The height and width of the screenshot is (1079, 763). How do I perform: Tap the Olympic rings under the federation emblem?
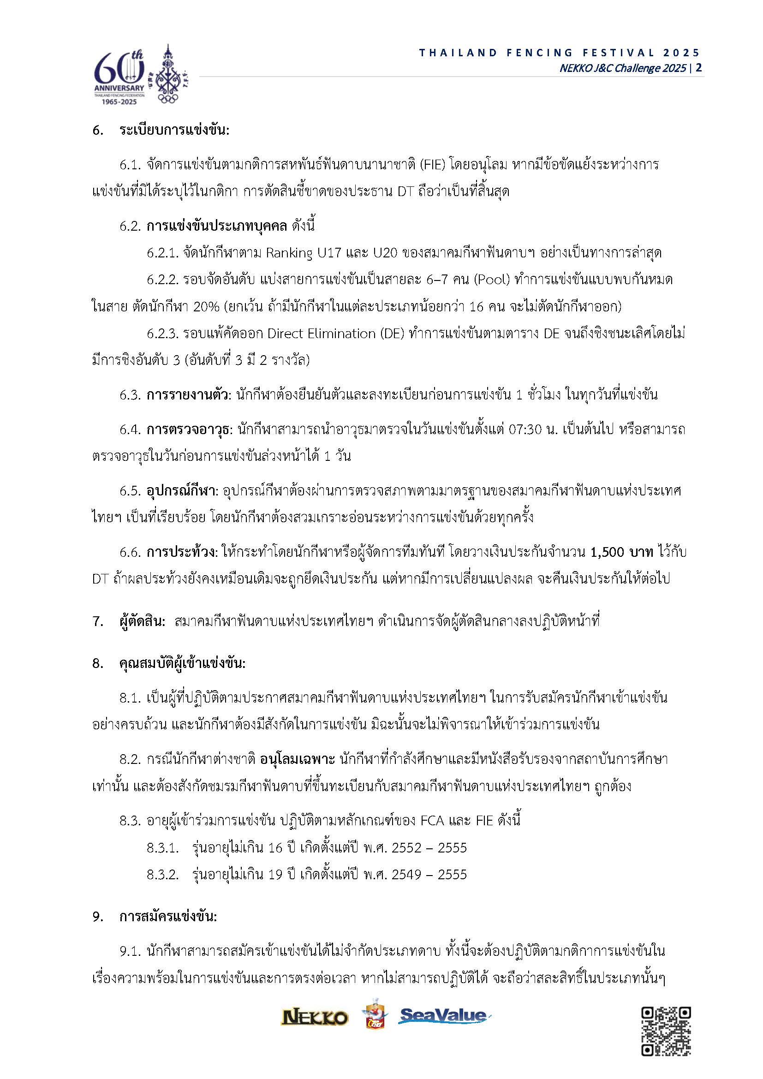point(167,99)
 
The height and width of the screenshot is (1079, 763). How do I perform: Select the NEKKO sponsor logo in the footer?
point(314,1018)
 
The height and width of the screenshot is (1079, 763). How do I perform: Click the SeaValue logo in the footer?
point(443,1016)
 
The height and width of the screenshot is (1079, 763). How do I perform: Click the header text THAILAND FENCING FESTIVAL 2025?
point(560,53)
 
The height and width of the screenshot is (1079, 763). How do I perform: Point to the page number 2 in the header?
point(699,68)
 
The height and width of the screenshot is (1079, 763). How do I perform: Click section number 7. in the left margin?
point(97,621)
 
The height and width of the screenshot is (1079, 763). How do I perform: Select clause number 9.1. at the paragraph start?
point(130,952)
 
